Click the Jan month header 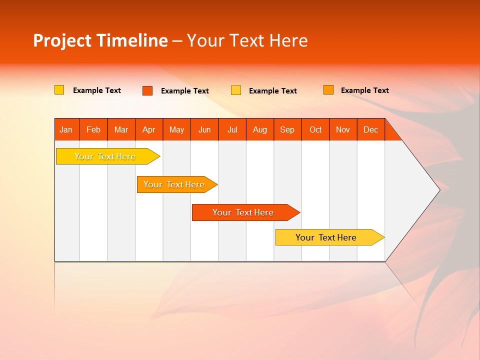click(x=66, y=129)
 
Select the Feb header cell click(x=93, y=129)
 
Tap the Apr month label click(x=148, y=129)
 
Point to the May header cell click(x=176, y=129)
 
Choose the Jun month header click(x=204, y=129)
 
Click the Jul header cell click(x=232, y=129)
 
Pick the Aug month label click(x=260, y=129)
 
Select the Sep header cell click(x=287, y=129)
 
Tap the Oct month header click(x=315, y=129)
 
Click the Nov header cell click(x=343, y=129)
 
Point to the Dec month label click(x=370, y=129)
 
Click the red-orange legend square click(x=147, y=90)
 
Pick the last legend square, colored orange click(x=328, y=90)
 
